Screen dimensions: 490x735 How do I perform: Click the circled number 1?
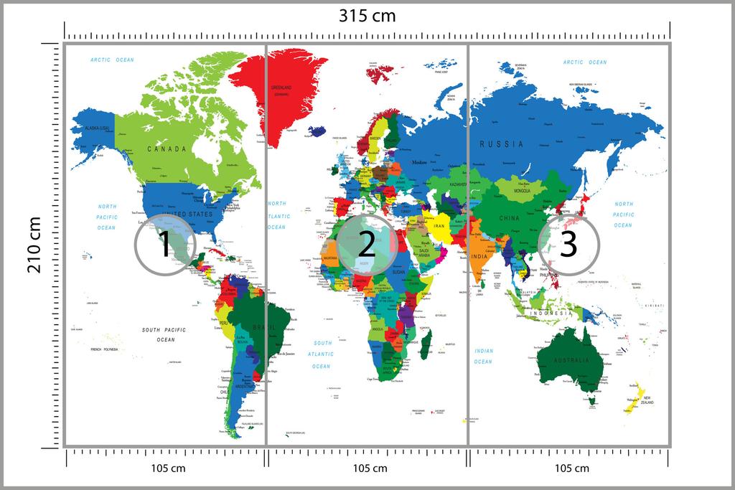click(164, 245)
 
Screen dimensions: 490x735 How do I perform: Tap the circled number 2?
click(366, 245)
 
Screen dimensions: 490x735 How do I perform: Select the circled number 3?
click(568, 245)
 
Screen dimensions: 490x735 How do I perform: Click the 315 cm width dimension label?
click(367, 16)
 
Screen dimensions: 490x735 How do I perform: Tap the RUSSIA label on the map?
click(502, 144)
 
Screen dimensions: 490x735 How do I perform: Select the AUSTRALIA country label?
click(568, 359)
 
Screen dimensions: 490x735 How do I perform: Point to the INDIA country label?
click(479, 256)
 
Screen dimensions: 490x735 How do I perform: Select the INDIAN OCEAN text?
click(483, 356)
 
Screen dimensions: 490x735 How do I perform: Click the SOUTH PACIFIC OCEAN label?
click(164, 334)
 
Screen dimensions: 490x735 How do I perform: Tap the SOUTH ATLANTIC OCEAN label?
click(322, 354)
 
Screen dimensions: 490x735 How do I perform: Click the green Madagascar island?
click(426, 342)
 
